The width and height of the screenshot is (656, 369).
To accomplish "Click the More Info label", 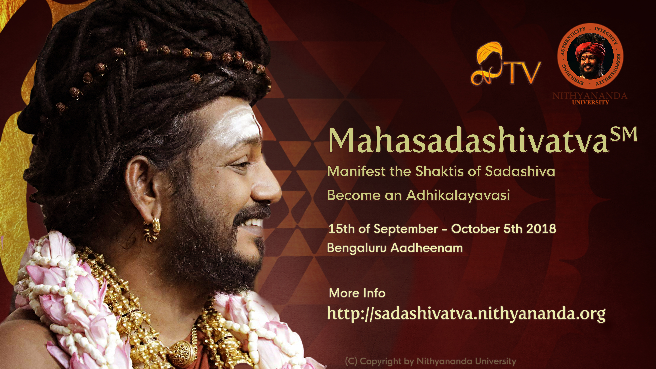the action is coord(357,293).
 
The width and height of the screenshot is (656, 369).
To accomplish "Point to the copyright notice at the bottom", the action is coord(430,361).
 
